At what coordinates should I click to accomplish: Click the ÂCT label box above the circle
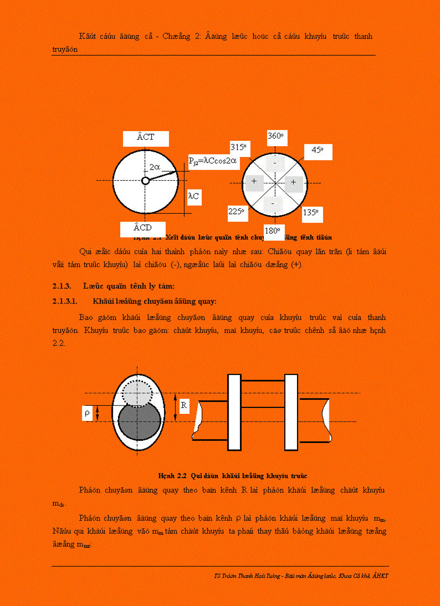146,138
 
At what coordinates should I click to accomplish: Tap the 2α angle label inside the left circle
154,168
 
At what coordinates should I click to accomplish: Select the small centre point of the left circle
145,181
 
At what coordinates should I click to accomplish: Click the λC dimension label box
194,197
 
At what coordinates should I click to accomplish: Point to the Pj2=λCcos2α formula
214,160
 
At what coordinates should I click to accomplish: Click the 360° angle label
276,137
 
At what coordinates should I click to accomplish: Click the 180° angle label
272,231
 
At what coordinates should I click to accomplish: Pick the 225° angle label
236,212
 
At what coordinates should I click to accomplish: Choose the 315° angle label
238,147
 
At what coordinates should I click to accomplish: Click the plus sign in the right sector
293,182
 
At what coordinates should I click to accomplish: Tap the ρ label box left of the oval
87,413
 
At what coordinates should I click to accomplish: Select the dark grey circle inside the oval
139,424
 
